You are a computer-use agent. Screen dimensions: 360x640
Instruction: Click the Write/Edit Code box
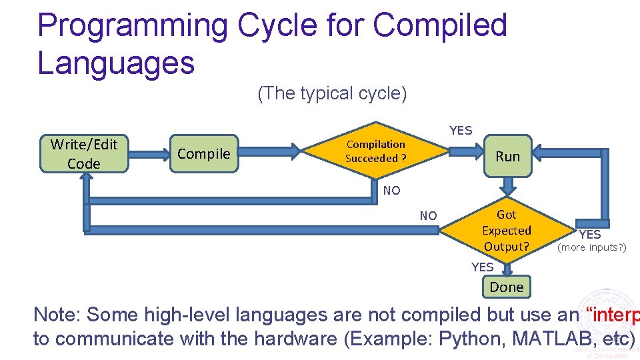[84, 154]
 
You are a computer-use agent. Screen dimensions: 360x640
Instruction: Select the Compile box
[203, 154]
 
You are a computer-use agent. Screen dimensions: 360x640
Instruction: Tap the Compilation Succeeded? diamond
[375, 152]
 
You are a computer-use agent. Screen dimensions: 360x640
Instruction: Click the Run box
[507, 156]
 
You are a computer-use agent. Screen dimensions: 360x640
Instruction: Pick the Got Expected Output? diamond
[506, 231]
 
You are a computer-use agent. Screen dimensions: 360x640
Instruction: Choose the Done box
[507, 287]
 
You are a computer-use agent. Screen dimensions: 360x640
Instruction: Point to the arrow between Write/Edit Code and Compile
[149, 154]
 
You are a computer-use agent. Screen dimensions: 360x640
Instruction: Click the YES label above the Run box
[461, 131]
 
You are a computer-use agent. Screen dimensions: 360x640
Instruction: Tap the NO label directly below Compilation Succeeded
[392, 191]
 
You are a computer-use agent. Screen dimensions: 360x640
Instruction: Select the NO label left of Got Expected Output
[428, 216]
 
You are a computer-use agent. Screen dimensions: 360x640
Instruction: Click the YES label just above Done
[482, 267]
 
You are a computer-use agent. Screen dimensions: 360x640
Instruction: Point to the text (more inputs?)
[592, 248]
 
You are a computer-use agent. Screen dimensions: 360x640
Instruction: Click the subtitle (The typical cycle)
[332, 93]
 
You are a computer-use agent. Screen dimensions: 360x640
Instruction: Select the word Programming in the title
[132, 25]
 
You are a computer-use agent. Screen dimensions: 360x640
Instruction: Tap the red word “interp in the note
[611, 314]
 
